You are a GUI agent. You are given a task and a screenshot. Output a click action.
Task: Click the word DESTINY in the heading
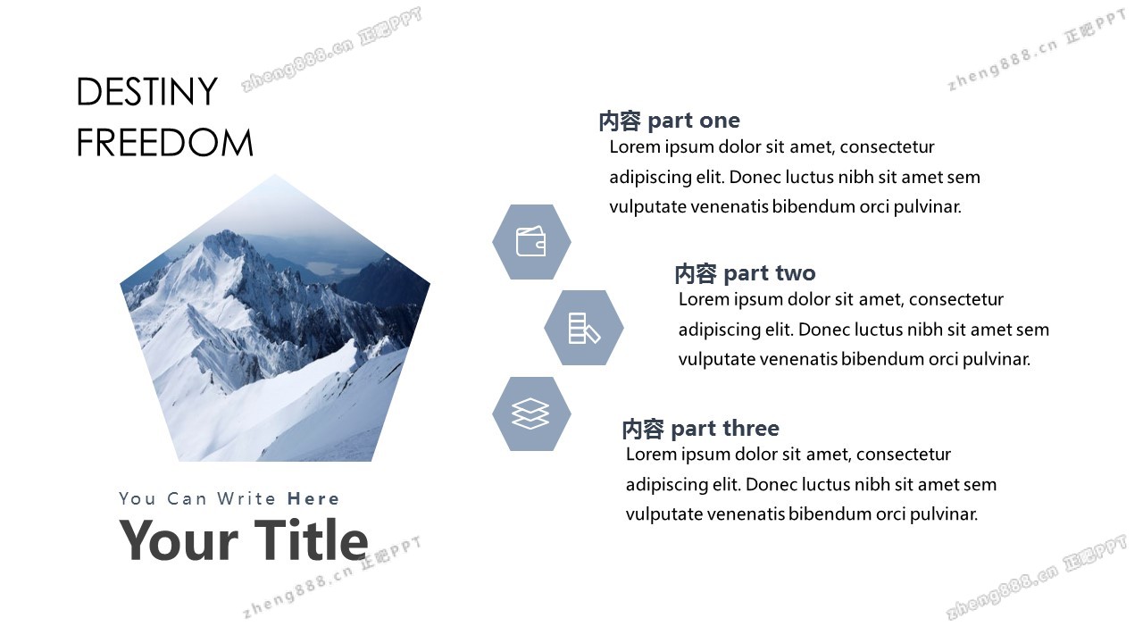(147, 92)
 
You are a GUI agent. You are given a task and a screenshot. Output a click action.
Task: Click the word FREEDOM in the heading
(165, 143)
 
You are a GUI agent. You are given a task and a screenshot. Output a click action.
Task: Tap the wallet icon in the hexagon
(530, 241)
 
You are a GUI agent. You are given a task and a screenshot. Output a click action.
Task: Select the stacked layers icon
(530, 413)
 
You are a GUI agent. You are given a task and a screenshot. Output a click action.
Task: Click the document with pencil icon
(584, 328)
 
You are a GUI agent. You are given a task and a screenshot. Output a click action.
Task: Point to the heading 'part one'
(694, 121)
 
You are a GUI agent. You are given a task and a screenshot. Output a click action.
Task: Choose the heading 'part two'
(770, 273)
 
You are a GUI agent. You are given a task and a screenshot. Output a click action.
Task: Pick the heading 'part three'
(724, 428)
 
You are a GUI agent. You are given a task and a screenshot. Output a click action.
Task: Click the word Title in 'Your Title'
(311, 540)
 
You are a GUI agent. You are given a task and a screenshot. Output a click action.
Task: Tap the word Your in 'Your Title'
(179, 541)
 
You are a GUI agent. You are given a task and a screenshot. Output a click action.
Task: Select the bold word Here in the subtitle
(313, 498)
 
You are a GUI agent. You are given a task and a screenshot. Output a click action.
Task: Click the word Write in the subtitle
(246, 498)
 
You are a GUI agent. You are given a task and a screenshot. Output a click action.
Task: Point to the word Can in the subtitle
(187, 498)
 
